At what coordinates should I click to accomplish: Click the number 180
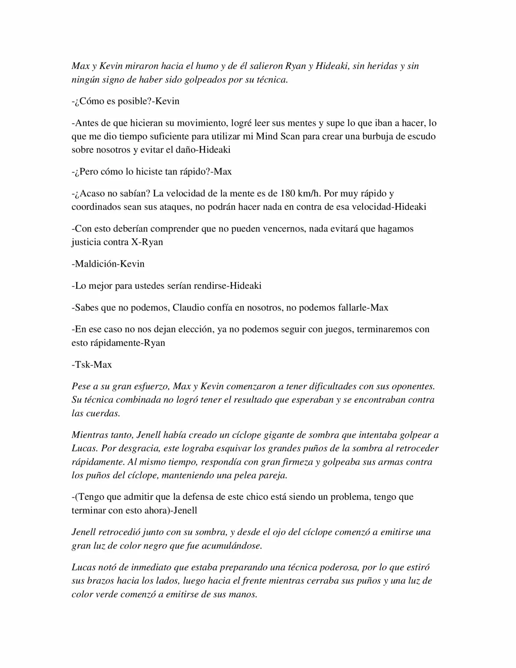(x=288, y=194)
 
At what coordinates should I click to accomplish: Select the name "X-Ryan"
(x=147, y=242)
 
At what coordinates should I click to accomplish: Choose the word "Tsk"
(x=83, y=365)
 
